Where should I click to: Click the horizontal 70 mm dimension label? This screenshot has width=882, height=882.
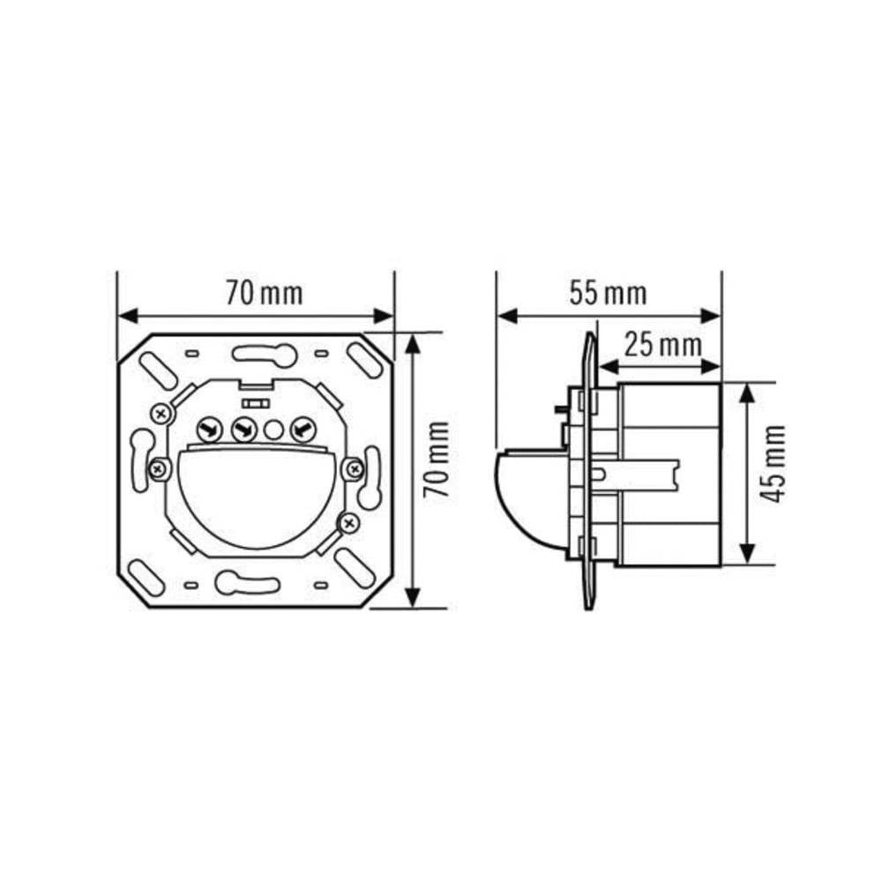tap(263, 292)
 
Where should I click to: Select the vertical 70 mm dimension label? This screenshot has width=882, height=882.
tap(437, 459)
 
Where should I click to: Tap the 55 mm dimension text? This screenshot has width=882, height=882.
tap(607, 292)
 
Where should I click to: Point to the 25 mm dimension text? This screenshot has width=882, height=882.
tap(663, 343)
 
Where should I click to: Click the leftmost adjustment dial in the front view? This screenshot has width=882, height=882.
tap(209, 430)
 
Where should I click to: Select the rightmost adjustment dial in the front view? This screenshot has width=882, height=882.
tap(302, 430)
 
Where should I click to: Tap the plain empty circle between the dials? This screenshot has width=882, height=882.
tap(273, 430)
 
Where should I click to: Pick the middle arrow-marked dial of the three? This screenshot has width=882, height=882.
tap(241, 430)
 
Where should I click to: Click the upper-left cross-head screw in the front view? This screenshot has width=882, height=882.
tap(161, 412)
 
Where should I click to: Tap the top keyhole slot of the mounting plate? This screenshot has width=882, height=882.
tap(264, 355)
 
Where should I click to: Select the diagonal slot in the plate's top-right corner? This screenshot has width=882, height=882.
tap(363, 359)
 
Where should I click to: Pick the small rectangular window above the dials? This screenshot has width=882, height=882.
tap(258, 402)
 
